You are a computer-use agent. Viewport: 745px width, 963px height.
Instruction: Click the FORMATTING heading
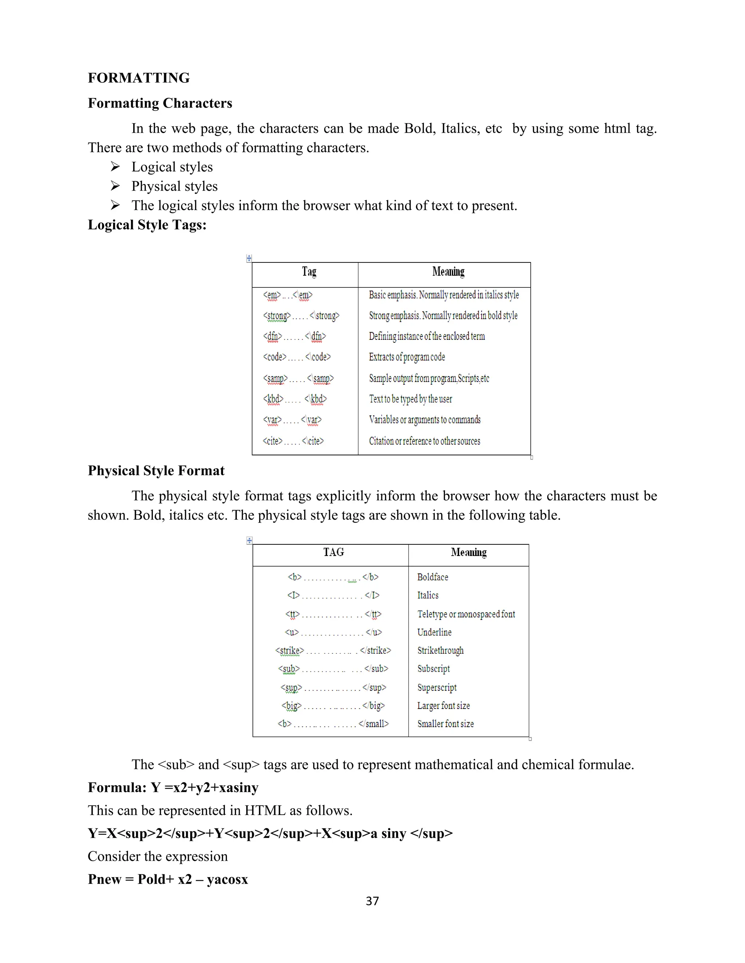point(139,78)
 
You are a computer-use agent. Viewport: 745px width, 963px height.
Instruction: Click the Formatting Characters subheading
point(160,103)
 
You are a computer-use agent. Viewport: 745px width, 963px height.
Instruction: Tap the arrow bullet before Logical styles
point(115,167)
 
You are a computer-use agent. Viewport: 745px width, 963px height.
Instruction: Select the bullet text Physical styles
point(174,186)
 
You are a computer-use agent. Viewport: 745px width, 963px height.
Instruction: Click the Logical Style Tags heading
point(147,225)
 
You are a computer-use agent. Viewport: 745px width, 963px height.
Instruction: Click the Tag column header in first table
point(309,271)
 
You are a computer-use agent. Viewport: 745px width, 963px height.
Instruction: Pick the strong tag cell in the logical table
point(301,316)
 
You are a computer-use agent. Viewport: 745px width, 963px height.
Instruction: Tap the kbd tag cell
point(295,399)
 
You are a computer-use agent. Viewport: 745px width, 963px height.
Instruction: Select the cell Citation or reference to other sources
point(424,441)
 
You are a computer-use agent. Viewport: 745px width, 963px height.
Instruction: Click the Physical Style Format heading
point(156,471)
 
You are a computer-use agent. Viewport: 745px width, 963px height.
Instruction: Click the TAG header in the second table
point(333,552)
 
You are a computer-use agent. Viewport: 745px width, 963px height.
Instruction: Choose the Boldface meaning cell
point(433,577)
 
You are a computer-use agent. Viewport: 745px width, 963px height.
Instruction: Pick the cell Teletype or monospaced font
point(466,614)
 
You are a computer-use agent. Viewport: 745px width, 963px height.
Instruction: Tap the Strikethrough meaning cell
point(440,651)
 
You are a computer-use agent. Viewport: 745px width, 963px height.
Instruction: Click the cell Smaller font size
point(445,724)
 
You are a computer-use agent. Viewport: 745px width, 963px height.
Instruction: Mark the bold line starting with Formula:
point(173,787)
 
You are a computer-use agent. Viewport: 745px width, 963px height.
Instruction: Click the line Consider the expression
point(158,856)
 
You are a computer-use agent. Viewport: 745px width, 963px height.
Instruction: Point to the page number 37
point(372,901)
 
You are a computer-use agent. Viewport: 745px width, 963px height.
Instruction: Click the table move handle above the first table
point(249,258)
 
